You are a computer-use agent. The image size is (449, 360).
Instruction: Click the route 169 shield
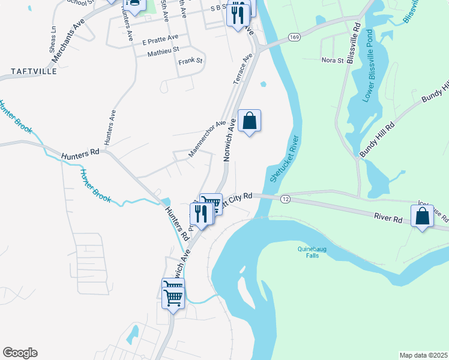(x=294, y=37)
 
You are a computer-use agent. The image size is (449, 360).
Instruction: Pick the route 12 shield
(x=285, y=199)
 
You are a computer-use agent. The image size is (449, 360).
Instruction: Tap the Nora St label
(x=332, y=60)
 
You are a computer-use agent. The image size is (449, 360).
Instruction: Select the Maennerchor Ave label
(x=207, y=139)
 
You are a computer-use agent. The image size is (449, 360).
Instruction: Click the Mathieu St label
(x=164, y=54)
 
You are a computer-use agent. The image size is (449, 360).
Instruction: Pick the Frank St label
(x=191, y=61)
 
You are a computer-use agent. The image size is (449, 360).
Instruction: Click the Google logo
(x=20, y=353)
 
